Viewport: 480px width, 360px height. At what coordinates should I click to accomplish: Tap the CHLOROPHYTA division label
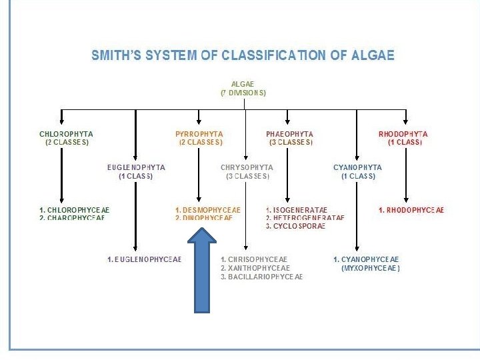coord(67,134)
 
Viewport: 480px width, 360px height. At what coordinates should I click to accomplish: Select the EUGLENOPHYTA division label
coord(136,167)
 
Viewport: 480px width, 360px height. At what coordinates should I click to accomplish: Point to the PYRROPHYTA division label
coord(199,134)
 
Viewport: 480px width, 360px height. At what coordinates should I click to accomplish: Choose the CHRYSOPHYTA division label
coord(246,167)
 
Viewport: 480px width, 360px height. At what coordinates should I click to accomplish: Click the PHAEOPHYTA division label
coord(289,134)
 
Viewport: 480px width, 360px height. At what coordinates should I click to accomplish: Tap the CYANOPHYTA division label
coord(357,167)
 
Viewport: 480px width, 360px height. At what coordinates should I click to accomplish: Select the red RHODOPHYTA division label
coord(403,134)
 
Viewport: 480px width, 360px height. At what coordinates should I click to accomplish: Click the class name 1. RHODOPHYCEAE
coord(411,210)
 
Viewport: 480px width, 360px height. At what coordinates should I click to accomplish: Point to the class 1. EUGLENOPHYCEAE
coord(144,259)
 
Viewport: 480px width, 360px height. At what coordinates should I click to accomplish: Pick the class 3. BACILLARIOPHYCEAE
coord(261,276)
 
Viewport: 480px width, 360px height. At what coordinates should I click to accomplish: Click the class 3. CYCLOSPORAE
coord(295,226)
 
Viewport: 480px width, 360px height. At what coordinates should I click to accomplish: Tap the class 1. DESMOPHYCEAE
coord(208,210)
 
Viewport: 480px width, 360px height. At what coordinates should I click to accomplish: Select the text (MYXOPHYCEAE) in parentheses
coord(370,268)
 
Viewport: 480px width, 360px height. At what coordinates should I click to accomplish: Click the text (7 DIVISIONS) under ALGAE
coord(243,93)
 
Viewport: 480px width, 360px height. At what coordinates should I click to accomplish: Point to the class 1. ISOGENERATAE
coord(297,210)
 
